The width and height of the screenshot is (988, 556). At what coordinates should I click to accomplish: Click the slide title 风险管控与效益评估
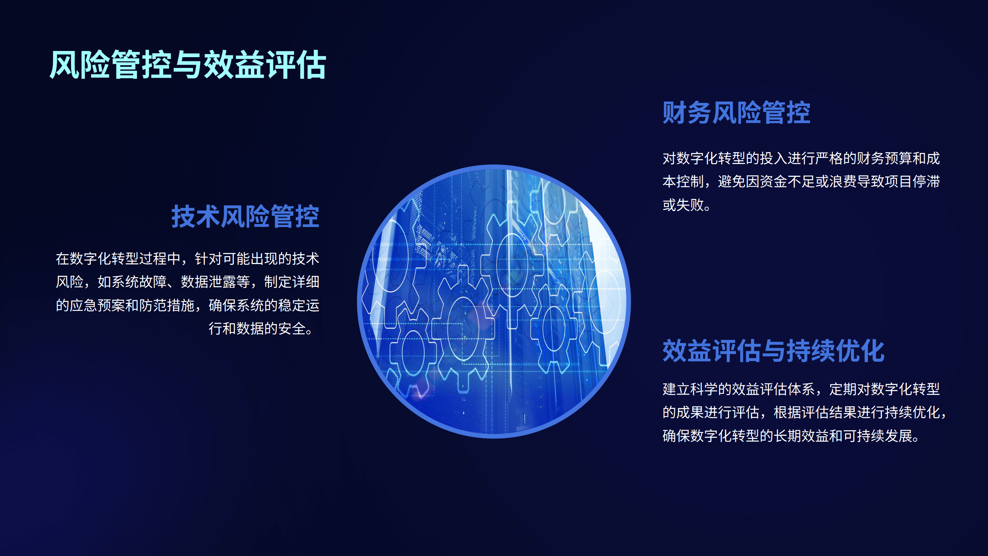188,64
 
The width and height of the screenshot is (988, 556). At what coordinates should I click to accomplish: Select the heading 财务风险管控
736,113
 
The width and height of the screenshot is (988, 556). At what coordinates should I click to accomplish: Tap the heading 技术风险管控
245,217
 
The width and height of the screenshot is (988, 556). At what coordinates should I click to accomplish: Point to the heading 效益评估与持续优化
773,351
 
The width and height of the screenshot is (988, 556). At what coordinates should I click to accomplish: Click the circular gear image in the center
494,302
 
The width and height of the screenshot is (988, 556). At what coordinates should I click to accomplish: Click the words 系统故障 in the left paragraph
139,282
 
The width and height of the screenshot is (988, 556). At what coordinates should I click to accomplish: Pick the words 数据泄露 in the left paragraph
209,282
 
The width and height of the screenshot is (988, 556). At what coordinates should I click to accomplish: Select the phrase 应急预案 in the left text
98,305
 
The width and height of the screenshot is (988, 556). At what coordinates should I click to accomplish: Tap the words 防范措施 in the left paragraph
167,305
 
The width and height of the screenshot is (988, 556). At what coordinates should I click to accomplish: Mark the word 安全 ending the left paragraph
292,329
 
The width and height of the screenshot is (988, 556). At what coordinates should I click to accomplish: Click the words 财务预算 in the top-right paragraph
885,158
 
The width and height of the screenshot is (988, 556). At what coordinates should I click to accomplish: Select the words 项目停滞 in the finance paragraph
912,181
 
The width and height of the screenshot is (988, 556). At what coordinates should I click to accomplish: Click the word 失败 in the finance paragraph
690,205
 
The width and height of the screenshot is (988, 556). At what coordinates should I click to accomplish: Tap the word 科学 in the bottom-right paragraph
704,389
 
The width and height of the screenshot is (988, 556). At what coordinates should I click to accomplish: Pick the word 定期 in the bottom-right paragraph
843,389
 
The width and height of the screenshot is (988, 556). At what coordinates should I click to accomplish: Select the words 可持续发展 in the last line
878,436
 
